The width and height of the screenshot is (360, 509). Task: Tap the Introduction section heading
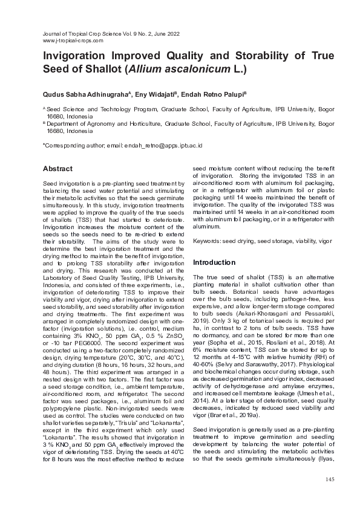(x=214, y=262)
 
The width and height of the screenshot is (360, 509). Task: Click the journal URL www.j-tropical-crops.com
(x=73, y=41)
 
